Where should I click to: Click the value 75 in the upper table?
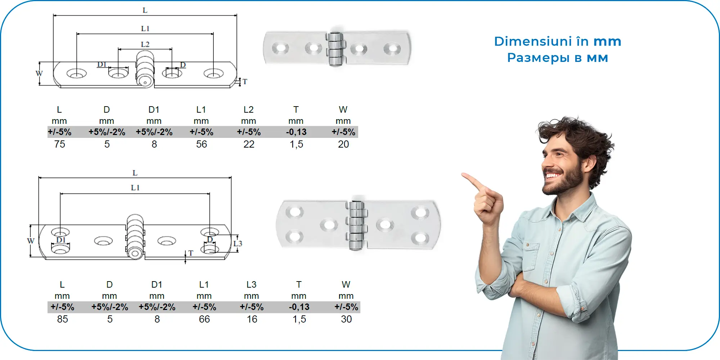[x=59, y=144]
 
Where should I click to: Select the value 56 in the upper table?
[x=202, y=144]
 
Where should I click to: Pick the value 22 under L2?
[x=249, y=144]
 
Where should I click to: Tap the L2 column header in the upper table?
[x=248, y=109]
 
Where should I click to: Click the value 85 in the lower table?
[x=62, y=319]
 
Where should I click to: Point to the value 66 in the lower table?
[x=204, y=319]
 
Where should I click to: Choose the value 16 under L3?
[x=252, y=319]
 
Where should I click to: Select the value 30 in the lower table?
[x=346, y=319]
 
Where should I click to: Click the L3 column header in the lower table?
[x=251, y=285]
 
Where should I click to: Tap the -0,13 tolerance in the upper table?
[x=296, y=132]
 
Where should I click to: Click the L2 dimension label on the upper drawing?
[x=145, y=44]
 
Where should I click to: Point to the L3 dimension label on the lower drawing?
[x=238, y=243]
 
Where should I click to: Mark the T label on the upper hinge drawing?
[x=245, y=82]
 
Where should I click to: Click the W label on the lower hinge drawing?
[x=31, y=241]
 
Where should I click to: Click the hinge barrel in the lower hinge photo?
[x=356, y=225]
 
